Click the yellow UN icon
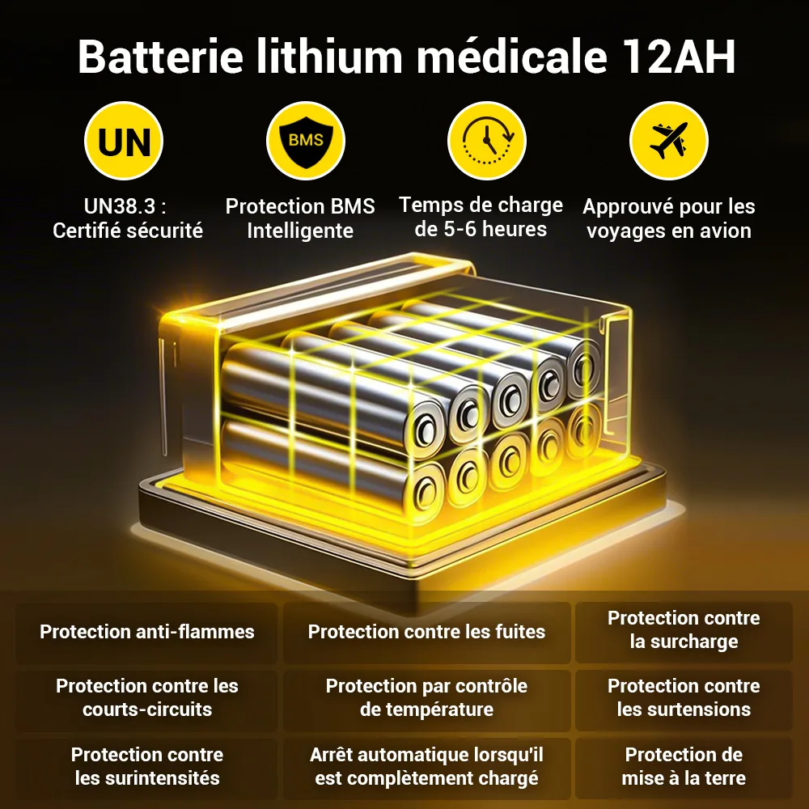(x=124, y=140)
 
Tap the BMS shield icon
(x=306, y=140)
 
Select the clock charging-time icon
(x=487, y=140)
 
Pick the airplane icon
(x=669, y=140)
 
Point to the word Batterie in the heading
(x=160, y=57)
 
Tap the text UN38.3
(x=119, y=205)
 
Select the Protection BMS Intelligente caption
(x=300, y=218)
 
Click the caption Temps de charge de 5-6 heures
(x=481, y=217)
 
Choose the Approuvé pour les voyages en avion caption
(x=669, y=218)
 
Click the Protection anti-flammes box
(x=147, y=632)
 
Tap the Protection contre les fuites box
(x=426, y=632)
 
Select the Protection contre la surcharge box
(x=684, y=632)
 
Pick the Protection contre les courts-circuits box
(x=147, y=700)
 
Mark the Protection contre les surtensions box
(x=684, y=700)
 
